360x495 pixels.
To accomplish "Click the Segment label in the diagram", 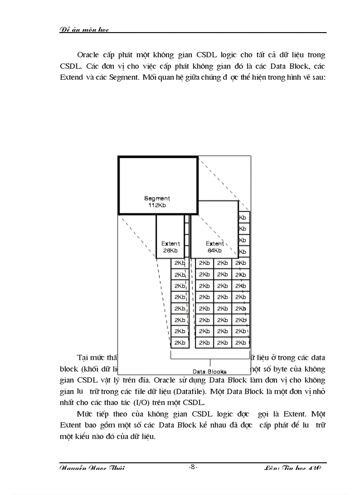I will click(x=157, y=199).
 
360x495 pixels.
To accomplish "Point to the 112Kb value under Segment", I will click(x=157, y=205).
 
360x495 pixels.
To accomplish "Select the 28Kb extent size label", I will click(x=170, y=250).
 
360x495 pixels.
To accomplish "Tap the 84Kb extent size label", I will click(x=214, y=250).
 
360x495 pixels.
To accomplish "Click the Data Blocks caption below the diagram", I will click(x=210, y=372).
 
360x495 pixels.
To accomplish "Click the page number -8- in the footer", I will click(x=192, y=467).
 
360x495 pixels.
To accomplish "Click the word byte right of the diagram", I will click(x=281, y=368).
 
